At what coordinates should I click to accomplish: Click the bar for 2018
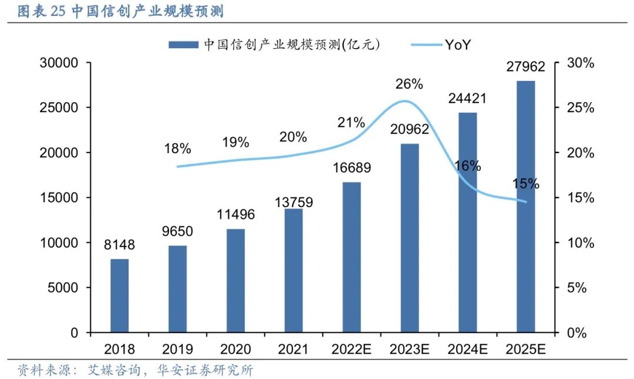(x=119, y=296)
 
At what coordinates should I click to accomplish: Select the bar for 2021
(x=294, y=270)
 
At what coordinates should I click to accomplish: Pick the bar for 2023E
(x=410, y=238)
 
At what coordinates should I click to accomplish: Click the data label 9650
(x=177, y=232)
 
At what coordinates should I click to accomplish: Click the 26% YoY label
(x=409, y=84)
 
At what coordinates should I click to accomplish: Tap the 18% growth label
(x=177, y=148)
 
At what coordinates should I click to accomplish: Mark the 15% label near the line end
(x=525, y=184)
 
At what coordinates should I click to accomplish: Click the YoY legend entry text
(x=458, y=44)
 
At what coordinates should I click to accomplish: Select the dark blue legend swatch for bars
(x=184, y=44)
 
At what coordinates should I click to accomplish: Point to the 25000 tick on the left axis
(x=58, y=108)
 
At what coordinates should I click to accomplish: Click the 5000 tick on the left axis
(x=62, y=288)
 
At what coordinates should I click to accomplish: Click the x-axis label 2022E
(x=351, y=350)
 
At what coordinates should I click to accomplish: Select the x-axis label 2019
(x=177, y=350)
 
